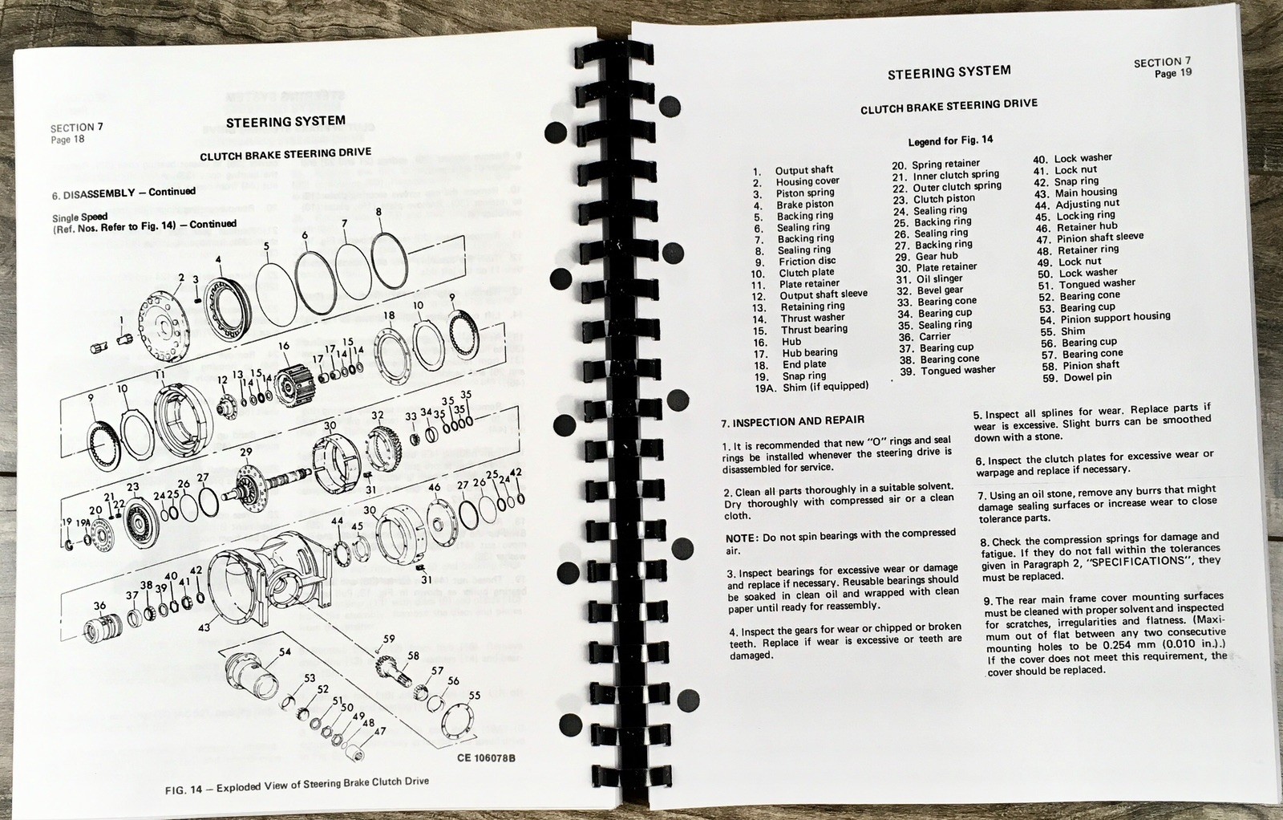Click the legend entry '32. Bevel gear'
point(930,290)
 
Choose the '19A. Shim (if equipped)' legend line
point(811,387)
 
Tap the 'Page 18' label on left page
point(67,140)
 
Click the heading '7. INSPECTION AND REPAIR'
point(793,420)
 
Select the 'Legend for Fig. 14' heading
point(949,140)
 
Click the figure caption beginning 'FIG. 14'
point(297,785)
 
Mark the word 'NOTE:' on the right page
point(742,538)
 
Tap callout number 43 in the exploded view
point(204,626)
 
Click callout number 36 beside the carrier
point(99,607)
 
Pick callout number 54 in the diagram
point(285,652)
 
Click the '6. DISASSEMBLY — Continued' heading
point(123,193)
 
